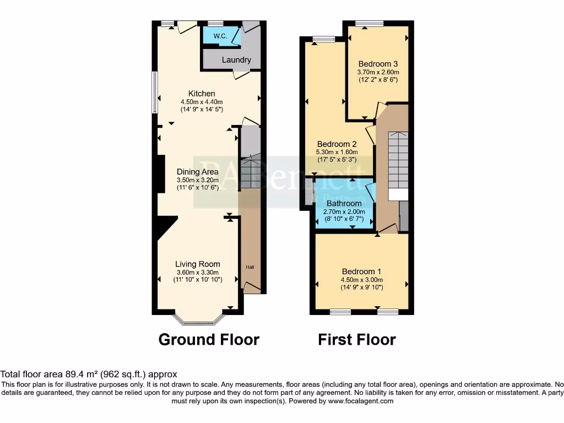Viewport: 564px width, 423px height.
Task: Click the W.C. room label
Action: point(220,36)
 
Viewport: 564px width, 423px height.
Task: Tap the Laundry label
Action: point(237,60)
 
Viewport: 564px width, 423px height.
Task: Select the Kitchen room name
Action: point(202,94)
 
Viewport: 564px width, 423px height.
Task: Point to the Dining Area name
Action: point(198,172)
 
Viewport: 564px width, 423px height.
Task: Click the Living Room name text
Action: point(198,264)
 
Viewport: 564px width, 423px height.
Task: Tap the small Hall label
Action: point(250,268)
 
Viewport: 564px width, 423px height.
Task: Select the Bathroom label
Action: point(344,204)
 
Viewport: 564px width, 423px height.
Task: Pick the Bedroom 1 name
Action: point(361,272)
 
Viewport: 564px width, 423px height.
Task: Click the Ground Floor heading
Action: point(209,339)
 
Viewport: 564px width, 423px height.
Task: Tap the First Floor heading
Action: point(356,339)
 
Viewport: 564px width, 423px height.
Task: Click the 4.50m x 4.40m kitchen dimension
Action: point(202,102)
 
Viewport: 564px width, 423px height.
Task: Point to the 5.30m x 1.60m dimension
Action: point(337,153)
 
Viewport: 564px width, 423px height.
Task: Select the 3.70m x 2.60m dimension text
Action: point(378,72)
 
